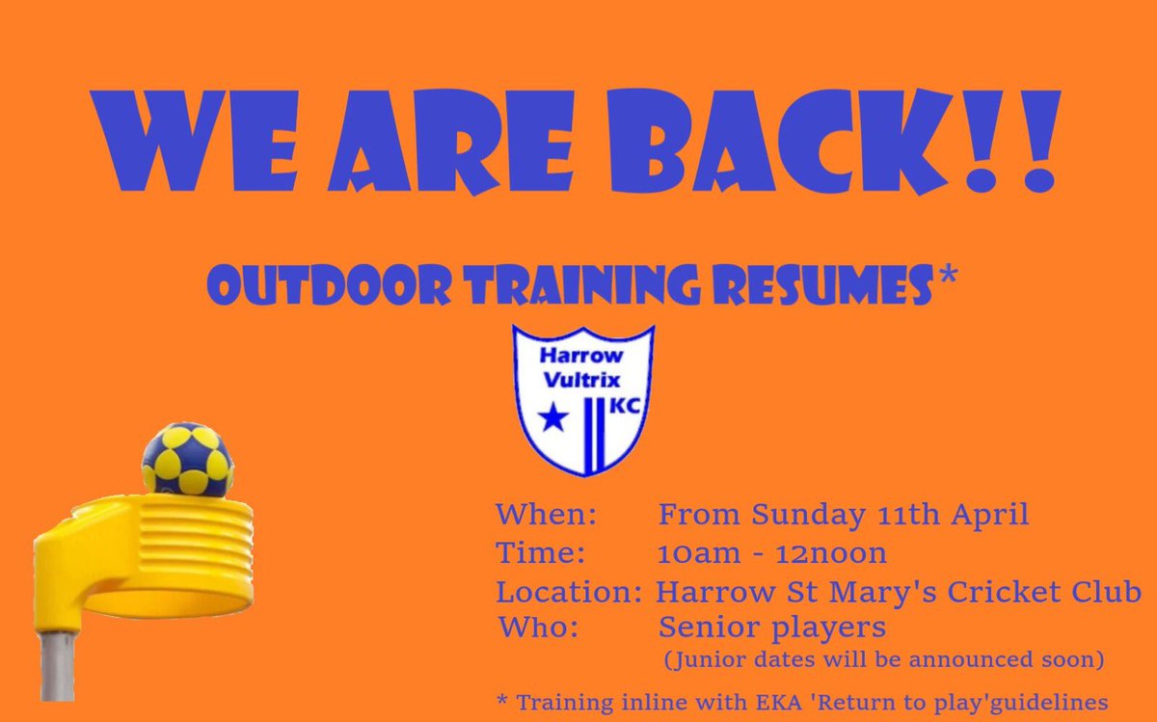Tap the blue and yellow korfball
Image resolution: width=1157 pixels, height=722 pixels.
[x=187, y=459]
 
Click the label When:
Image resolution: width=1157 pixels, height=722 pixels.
[x=547, y=515]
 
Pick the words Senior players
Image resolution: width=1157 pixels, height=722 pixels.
[x=771, y=628]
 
